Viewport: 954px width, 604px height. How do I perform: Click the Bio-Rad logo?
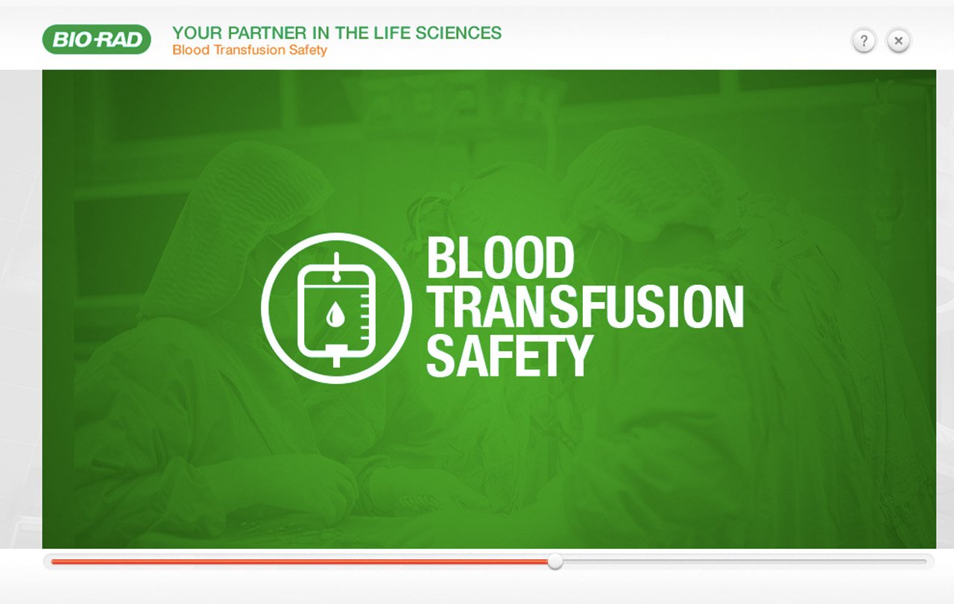[x=97, y=40]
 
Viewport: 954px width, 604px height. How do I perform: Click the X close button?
[x=899, y=41]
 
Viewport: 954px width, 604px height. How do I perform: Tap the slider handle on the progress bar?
[x=555, y=561]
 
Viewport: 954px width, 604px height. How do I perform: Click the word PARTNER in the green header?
[x=267, y=33]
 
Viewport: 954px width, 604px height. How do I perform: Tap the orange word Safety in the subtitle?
[x=308, y=50]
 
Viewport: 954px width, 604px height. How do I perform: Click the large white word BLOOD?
[x=500, y=257]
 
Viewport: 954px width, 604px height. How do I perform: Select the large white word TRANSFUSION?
[x=586, y=306]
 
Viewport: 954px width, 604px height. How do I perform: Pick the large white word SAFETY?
[x=510, y=356]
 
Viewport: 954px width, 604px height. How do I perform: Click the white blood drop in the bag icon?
[x=335, y=314]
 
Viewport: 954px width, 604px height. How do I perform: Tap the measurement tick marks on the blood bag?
[x=365, y=315]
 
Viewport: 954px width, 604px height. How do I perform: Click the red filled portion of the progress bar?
[x=300, y=561]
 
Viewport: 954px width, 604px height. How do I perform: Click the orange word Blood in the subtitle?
[x=191, y=50]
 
